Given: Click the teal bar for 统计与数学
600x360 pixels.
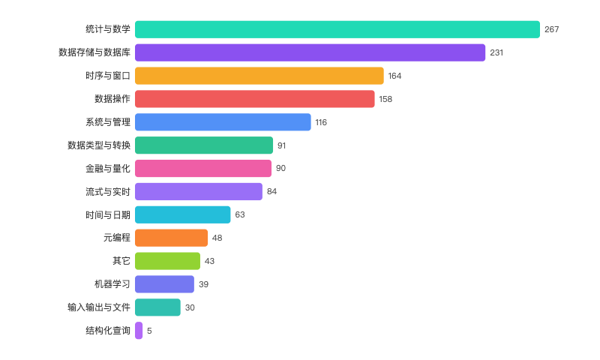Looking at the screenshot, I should [x=337, y=29].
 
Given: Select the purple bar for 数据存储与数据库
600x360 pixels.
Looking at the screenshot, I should [x=310, y=52].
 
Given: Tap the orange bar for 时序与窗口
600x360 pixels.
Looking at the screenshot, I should [x=259, y=76].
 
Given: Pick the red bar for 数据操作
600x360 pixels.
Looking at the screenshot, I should [x=254, y=99].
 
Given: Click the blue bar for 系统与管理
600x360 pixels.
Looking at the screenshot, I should [x=223, y=122].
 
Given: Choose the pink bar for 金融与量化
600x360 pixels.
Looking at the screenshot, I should [x=203, y=168].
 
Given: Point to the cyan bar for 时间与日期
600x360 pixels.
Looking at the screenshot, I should [x=183, y=214].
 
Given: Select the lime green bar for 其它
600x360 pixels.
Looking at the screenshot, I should [x=167, y=261].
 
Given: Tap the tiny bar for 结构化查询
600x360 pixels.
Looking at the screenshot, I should [x=139, y=331].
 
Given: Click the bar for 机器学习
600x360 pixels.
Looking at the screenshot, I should [x=164, y=284].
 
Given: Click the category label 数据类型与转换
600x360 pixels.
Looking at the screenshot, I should [x=98, y=145].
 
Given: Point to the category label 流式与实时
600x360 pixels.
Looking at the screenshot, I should [x=108, y=192].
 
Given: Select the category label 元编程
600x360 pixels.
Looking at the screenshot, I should [x=116, y=238].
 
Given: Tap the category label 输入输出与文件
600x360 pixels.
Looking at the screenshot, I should [x=98, y=307].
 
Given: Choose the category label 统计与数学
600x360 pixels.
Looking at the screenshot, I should [x=108, y=29].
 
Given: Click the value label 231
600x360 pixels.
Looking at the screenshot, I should [x=496, y=52].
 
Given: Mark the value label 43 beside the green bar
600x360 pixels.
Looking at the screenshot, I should [x=209, y=261].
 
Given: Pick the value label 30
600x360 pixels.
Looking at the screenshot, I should [x=190, y=307].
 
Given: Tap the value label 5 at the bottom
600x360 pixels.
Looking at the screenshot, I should [x=149, y=331].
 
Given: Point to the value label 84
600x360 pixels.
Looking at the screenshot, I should [x=271, y=192].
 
